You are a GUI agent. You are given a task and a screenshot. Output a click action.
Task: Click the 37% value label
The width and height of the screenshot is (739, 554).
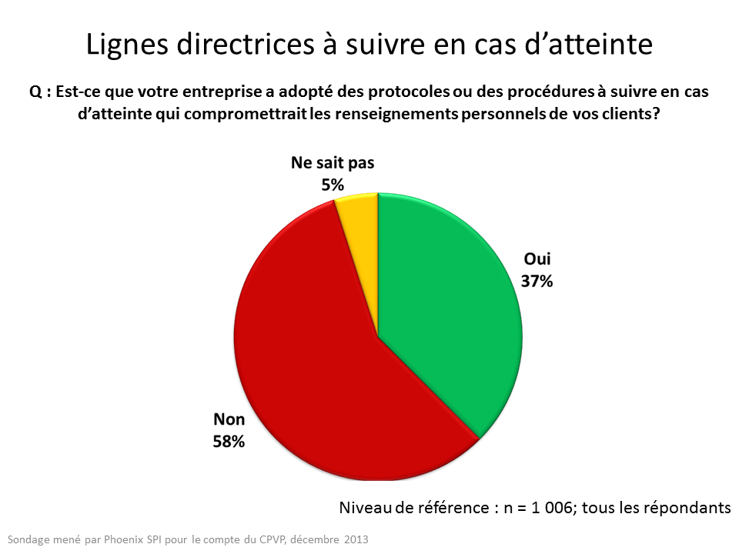click(x=538, y=281)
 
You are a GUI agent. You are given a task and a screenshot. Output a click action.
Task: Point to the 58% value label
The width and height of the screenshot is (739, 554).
click(x=229, y=442)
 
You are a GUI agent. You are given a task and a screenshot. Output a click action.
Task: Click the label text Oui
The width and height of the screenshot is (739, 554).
click(x=538, y=259)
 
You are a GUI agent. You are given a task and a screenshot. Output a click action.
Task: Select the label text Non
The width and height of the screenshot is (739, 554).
click(x=229, y=420)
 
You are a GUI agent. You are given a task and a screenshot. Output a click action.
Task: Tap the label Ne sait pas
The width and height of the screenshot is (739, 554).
click(x=333, y=163)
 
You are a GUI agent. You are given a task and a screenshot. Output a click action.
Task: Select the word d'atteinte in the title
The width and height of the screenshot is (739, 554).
click(x=595, y=45)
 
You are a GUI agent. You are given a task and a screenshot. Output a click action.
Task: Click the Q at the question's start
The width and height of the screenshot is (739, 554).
click(x=35, y=91)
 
